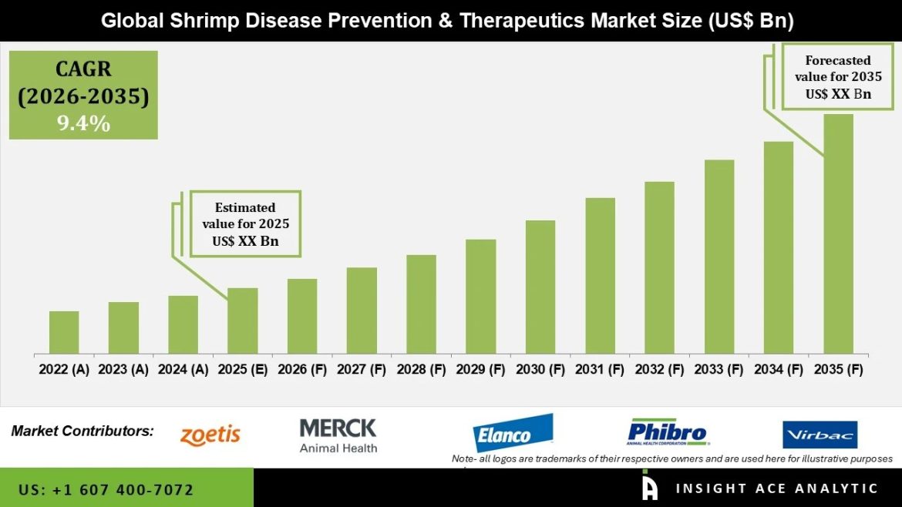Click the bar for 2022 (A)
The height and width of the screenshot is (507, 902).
(x=64, y=332)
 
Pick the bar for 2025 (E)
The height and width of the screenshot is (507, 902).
(x=243, y=321)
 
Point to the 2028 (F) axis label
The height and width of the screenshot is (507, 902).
(x=422, y=370)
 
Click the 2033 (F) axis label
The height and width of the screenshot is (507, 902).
(x=719, y=370)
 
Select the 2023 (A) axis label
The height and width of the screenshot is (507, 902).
(x=124, y=370)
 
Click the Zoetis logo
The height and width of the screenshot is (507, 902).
(x=210, y=435)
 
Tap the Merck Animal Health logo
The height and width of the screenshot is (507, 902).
(x=338, y=435)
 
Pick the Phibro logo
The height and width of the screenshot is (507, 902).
(x=668, y=433)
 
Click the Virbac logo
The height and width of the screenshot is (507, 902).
(x=820, y=435)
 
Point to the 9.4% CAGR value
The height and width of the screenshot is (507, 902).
(x=83, y=123)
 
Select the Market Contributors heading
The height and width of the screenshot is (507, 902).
(x=82, y=431)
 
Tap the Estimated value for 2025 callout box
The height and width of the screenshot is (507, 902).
(x=245, y=224)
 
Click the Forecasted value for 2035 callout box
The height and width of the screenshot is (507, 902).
(x=838, y=77)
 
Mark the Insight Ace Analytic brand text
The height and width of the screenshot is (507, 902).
(x=776, y=489)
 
